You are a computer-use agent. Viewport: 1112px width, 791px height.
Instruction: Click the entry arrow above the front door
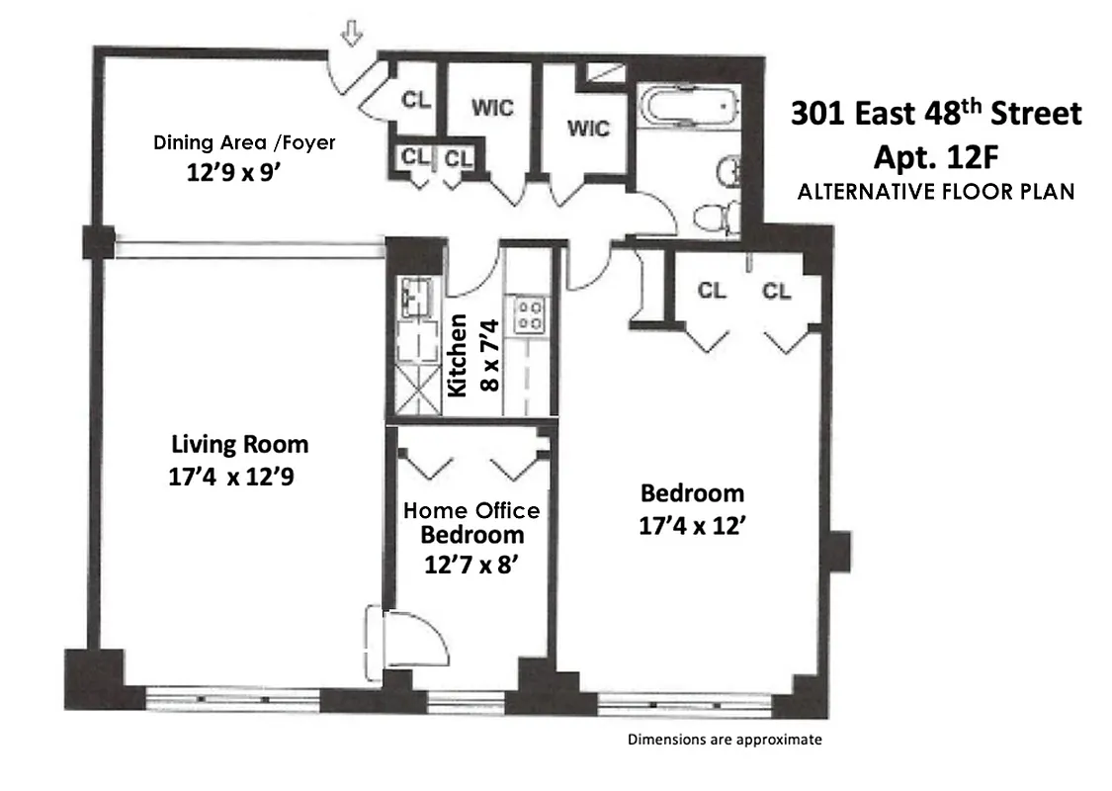point(350,34)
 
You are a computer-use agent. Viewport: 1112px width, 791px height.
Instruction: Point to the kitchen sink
point(416,296)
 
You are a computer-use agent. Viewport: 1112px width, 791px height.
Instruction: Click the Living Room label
point(240,444)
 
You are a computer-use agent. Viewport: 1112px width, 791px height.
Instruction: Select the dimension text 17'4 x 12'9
point(232,478)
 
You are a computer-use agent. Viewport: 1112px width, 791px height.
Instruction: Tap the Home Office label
point(471,511)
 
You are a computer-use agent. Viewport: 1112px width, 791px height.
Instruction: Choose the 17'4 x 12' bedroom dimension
point(692,526)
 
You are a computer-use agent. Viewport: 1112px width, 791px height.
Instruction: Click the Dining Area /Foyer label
point(244,142)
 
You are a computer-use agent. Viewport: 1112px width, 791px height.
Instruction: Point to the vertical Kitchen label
point(458,355)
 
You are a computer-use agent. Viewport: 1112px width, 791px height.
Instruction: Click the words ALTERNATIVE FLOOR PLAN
point(935,192)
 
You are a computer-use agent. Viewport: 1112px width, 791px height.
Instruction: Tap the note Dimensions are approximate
point(725,739)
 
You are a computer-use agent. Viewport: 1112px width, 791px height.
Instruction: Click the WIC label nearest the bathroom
point(588,129)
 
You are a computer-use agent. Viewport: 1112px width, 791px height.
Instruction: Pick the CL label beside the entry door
point(414,99)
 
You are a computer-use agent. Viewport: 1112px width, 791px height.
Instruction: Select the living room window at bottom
point(236,700)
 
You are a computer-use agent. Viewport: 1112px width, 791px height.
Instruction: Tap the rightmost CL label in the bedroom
point(777,291)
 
